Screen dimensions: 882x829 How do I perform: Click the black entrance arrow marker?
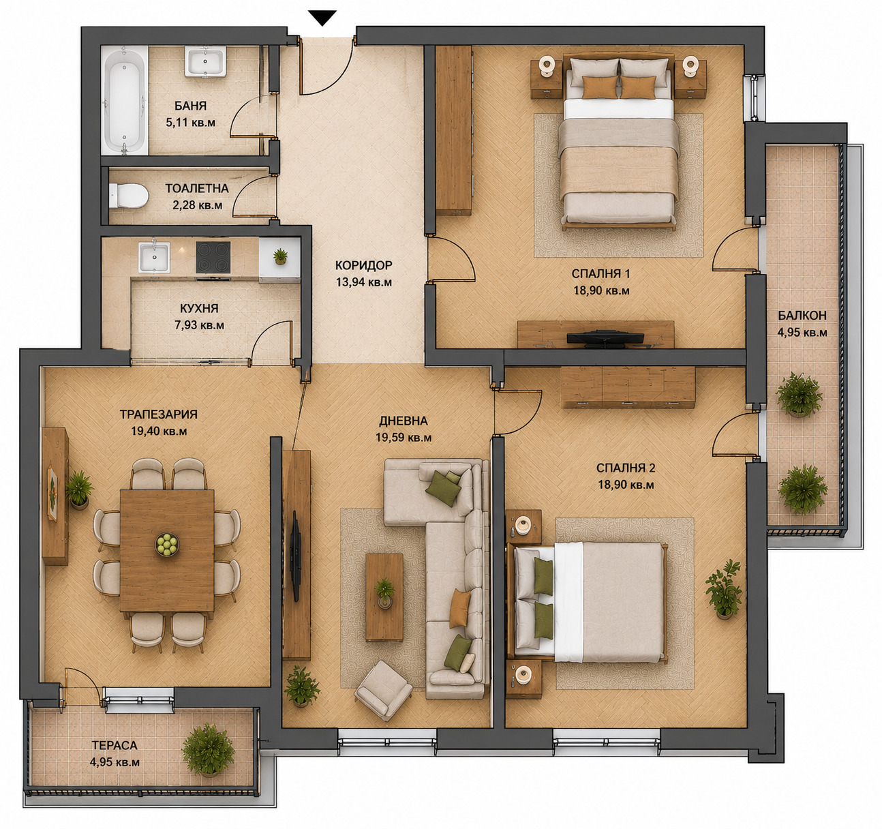pos(323,18)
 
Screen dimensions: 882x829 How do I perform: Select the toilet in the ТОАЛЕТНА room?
pos(128,196)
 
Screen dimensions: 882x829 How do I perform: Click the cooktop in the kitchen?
pos(213,257)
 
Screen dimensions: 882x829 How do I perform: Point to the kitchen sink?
pos(153,257)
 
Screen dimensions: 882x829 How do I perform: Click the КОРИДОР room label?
pos(364,265)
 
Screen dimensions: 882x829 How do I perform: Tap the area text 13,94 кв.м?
pos(364,282)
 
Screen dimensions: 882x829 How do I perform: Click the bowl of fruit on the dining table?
pos(166,544)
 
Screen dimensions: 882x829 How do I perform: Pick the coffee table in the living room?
pos(384,597)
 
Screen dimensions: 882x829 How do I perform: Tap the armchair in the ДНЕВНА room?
pos(383,689)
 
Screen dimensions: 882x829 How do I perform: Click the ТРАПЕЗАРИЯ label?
pos(159,414)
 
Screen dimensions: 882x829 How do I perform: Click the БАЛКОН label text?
pos(802,316)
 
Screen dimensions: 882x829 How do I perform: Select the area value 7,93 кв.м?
pos(200,325)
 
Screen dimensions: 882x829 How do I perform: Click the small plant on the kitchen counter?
pos(280,256)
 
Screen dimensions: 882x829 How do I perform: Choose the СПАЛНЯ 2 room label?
pos(626,468)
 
